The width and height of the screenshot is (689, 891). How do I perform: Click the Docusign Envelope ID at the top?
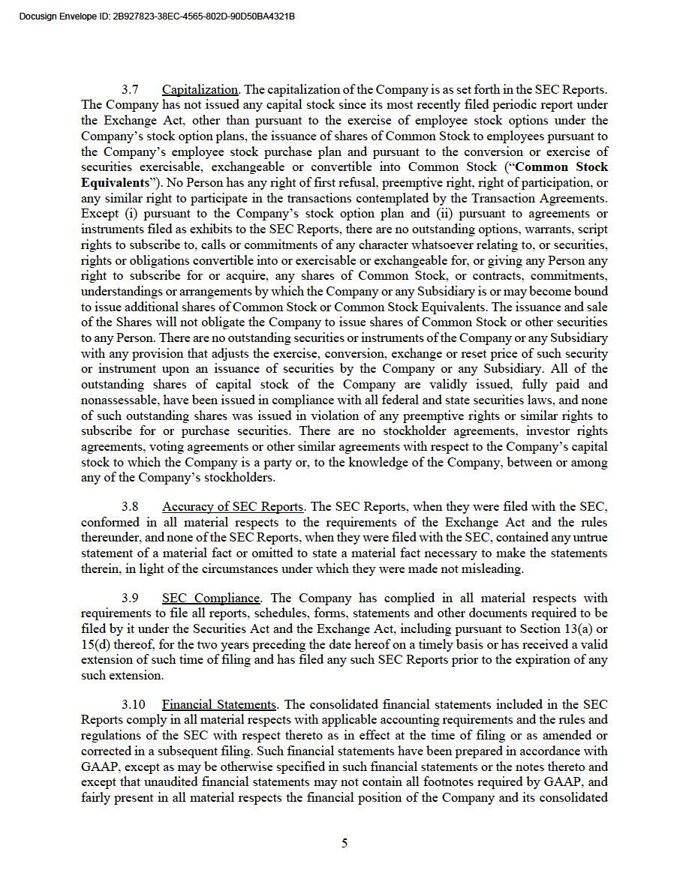(156, 16)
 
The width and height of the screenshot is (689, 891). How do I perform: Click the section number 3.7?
(130, 90)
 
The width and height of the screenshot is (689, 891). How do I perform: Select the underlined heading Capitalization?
(200, 90)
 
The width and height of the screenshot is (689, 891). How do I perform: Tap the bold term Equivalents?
(114, 183)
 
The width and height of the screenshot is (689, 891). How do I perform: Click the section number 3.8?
(130, 506)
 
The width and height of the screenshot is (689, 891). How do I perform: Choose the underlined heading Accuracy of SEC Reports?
(233, 506)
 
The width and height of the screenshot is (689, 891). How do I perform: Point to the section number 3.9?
(130, 598)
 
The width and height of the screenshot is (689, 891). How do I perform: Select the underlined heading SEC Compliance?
(211, 598)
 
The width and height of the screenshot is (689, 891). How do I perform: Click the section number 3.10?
(133, 705)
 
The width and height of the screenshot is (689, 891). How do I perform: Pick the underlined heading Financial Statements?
(219, 705)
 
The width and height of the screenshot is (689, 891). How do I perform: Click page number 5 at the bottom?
(344, 843)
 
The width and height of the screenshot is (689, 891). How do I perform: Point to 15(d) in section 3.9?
(96, 644)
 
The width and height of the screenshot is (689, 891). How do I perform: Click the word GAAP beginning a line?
(98, 767)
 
